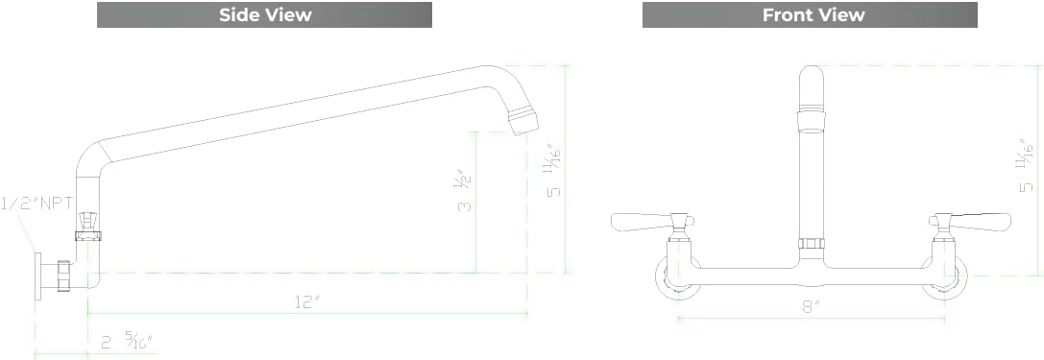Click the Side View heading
264,14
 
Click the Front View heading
813,14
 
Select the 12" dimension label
306,301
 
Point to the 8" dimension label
812,306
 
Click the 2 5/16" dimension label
127,341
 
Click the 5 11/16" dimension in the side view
553,171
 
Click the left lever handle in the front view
642,222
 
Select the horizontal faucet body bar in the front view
812,276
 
